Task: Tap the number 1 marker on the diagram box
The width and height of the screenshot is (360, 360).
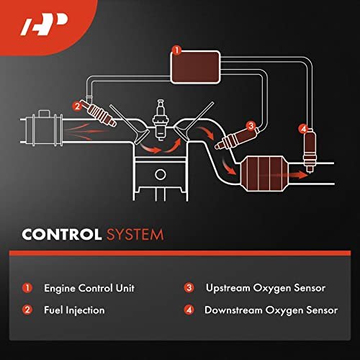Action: tap(177, 50)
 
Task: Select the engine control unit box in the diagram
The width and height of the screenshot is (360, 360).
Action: tap(195, 68)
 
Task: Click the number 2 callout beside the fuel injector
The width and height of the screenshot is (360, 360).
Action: tap(77, 106)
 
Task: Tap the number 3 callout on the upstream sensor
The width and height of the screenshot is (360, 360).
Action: tap(251, 125)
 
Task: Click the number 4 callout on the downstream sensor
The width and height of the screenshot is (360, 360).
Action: tap(303, 129)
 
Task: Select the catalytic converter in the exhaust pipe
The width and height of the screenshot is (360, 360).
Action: tap(264, 174)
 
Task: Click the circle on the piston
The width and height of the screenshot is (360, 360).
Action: tap(161, 174)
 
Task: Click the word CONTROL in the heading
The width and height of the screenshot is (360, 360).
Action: tap(62, 234)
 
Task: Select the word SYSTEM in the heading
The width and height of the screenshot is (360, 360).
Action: tap(135, 235)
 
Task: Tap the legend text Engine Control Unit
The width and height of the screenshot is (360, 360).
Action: tap(89, 288)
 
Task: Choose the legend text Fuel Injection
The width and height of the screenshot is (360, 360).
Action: tap(74, 310)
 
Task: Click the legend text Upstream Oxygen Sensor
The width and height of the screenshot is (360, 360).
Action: tap(266, 288)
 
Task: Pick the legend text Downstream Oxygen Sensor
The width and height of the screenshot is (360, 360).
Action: tap(271, 310)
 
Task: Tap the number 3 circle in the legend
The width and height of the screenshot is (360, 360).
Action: tap(189, 288)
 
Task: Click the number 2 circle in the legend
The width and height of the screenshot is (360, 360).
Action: tap(27, 310)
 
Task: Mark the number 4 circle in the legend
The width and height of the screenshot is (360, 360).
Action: tap(189, 310)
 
